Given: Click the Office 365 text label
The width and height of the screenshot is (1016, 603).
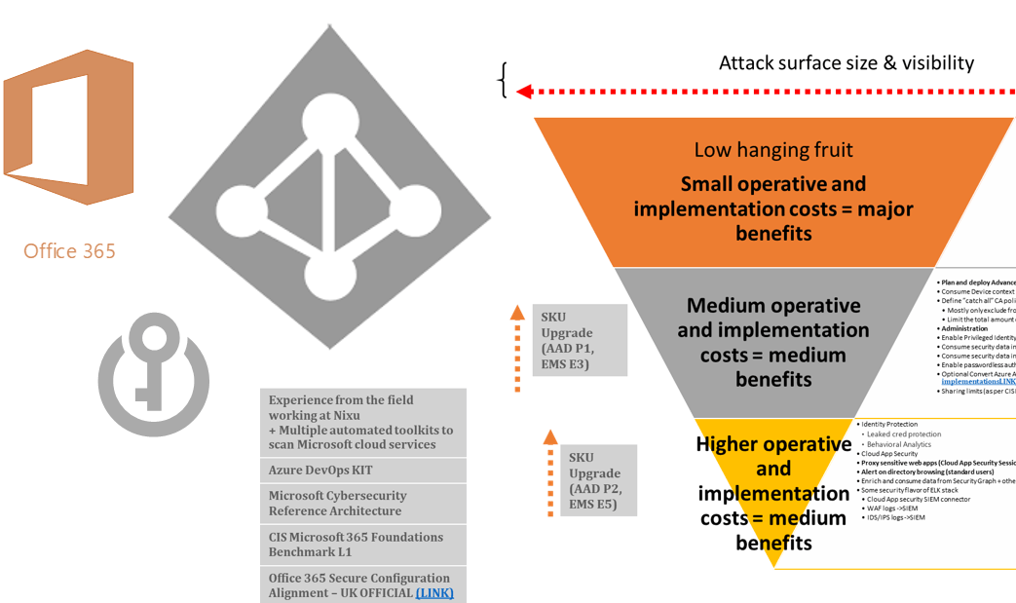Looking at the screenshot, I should [x=69, y=251].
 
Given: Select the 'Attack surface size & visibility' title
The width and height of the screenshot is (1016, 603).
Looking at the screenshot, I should [x=846, y=63].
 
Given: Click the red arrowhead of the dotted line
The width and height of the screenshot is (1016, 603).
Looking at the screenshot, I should [x=524, y=92].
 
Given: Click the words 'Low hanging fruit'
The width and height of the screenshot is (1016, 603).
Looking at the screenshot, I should [x=773, y=150].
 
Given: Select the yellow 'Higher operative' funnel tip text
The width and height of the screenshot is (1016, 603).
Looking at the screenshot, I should [x=773, y=493].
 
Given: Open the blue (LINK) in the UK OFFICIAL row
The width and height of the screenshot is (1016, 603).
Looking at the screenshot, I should [x=433, y=592].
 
